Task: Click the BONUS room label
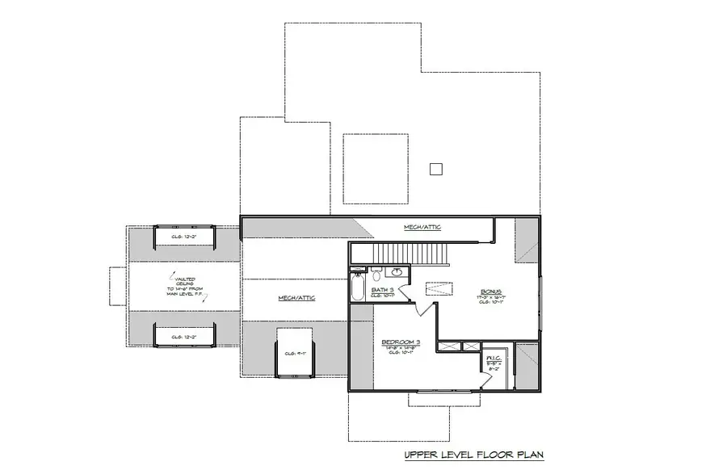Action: [490, 292]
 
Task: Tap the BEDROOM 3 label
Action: [401, 342]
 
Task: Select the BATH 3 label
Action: [383, 289]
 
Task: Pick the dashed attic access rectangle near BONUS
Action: [439, 287]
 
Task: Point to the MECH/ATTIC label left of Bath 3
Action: [296, 298]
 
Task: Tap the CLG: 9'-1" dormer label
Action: [292, 352]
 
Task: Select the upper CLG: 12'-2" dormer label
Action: [184, 237]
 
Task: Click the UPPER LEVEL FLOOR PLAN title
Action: [474, 455]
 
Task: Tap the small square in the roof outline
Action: [436, 169]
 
